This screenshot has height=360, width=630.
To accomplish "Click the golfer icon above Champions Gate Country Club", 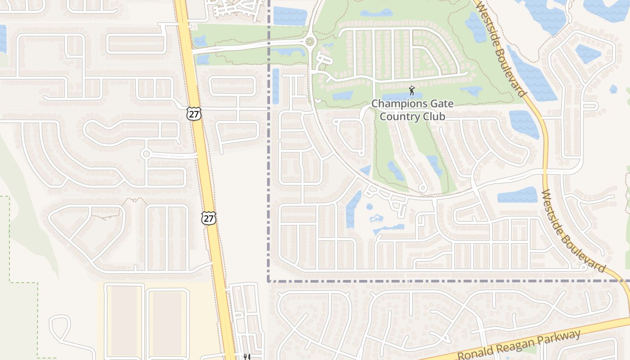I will click(411, 90).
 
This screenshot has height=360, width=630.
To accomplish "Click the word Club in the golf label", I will click(433, 117).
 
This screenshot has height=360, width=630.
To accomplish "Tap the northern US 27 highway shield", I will click(194, 114).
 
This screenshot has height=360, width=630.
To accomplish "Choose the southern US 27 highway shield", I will click(209, 218).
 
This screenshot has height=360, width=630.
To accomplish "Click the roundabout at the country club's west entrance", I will click(310, 42).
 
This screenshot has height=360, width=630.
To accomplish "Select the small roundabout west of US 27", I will click(145, 154).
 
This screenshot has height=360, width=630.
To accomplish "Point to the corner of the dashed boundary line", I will click(269, 281).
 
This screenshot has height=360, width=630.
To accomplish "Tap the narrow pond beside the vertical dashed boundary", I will click(275, 86).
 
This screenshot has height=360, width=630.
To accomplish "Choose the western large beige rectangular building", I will click(124, 320).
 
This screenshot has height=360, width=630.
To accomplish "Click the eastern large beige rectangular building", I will click(166, 322).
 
